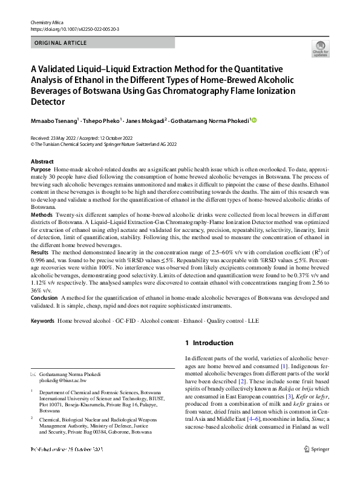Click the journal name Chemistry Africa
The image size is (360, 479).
pos(47,22)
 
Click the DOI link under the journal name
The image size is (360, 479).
pos(75,29)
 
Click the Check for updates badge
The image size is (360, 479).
pos(320,49)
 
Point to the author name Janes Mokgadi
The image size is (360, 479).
pos(148,121)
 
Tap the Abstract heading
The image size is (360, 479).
pos(42,162)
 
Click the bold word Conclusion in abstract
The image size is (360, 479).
pos(45,298)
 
